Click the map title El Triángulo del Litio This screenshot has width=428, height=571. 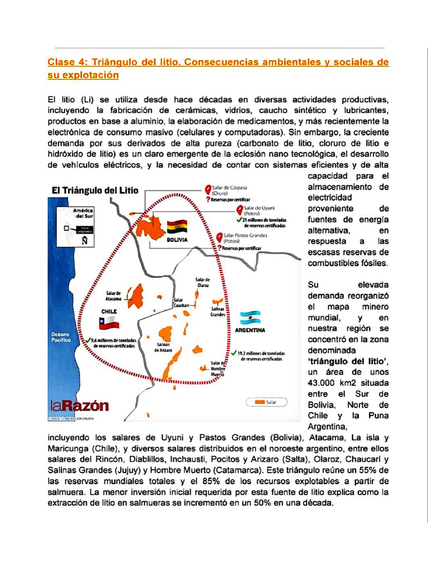coord(95,190)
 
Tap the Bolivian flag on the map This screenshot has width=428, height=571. coord(177,226)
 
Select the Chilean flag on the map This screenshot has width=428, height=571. coord(109,322)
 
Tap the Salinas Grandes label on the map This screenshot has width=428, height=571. coord(217,311)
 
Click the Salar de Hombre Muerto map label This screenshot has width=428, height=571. coord(218,369)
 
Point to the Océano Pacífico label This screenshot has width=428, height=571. coord(60,337)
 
